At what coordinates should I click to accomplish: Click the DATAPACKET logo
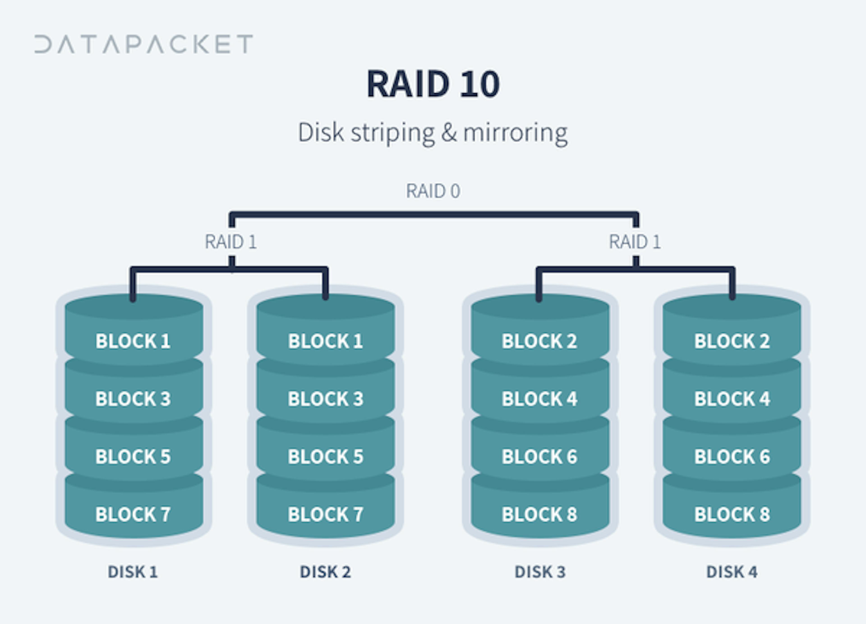point(144,44)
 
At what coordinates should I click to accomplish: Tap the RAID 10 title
point(433,84)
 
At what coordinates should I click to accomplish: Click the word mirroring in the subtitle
point(516,133)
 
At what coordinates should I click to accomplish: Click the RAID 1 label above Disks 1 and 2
point(231,241)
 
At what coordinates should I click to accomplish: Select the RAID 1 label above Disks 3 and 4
point(635,241)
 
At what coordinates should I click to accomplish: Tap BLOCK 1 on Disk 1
point(133,341)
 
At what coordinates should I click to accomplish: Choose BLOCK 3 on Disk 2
point(325,399)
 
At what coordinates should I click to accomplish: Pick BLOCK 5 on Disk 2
point(325,456)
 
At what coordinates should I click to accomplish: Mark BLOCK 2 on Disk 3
point(539,341)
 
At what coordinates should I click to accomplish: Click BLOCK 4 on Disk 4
point(732,399)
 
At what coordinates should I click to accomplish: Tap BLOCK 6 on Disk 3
point(539,456)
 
